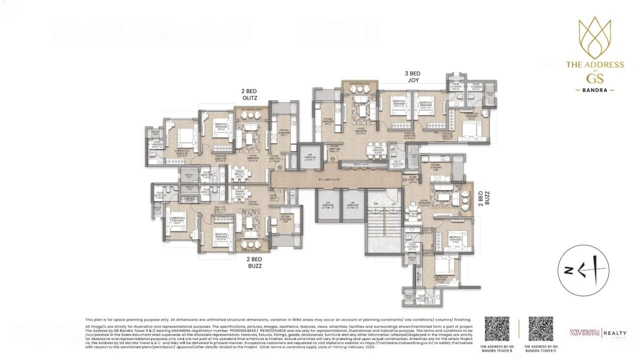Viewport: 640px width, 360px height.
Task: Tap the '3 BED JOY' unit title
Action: tap(412, 76)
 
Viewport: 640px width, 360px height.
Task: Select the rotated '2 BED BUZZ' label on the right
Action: tap(480, 197)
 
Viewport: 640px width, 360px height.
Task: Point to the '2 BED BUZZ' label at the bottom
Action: tap(254, 262)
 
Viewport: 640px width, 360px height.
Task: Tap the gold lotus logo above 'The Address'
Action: tap(594, 37)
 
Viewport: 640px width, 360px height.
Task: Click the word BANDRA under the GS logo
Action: tap(594, 90)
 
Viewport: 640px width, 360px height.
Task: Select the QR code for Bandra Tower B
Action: tap(497, 328)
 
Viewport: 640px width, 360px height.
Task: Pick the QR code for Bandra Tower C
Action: tap(540, 328)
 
